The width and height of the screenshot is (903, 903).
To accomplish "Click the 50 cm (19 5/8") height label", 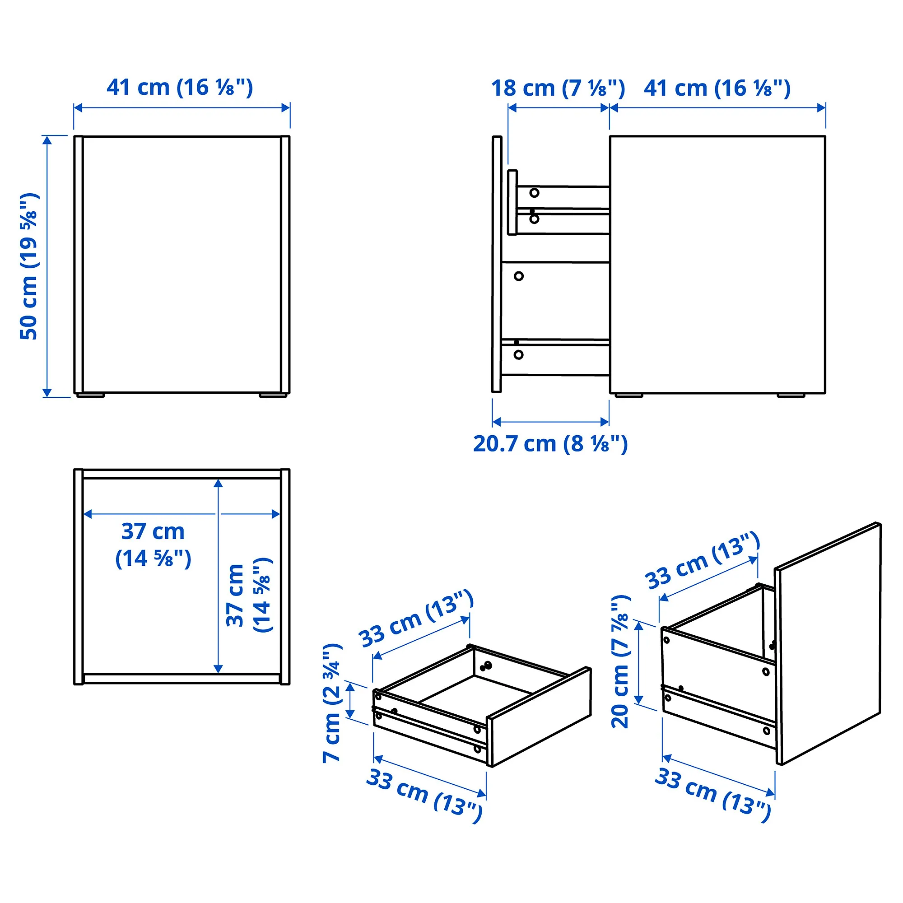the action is (x=29, y=266).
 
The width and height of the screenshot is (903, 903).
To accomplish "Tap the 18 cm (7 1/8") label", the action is (x=558, y=88).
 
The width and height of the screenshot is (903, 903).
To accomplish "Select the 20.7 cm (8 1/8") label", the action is (x=550, y=443).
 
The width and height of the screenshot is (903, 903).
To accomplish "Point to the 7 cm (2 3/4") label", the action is (x=333, y=703).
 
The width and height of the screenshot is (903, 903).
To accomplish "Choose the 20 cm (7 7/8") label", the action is (x=621, y=661).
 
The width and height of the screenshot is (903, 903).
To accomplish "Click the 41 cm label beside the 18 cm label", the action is (x=717, y=88).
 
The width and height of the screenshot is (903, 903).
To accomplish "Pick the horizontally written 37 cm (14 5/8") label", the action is (x=154, y=545).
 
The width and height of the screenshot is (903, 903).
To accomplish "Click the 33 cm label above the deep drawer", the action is (x=703, y=561).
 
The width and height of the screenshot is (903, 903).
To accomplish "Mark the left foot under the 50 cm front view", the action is (x=91, y=396).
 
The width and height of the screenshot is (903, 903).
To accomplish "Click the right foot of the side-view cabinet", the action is (x=791, y=396).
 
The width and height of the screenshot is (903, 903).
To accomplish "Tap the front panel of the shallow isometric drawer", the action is (x=539, y=717).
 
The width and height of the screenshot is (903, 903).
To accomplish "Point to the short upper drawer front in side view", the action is (x=512, y=202).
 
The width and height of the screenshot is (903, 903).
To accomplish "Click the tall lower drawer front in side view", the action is (x=497, y=265).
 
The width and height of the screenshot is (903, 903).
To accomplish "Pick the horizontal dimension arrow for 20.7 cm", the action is (x=550, y=422).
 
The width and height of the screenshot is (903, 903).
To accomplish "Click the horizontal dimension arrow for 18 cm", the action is (x=558, y=108).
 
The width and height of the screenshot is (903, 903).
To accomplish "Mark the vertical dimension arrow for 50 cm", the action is (x=47, y=266).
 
